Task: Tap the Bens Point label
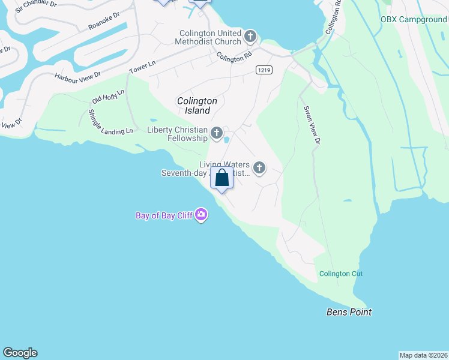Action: click(349, 312)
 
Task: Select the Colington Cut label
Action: click(341, 274)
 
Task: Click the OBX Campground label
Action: click(414, 19)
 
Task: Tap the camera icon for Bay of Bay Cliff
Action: click(201, 215)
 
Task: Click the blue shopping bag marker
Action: click(222, 178)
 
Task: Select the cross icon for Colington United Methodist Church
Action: click(250, 37)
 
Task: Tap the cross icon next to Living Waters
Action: click(259, 169)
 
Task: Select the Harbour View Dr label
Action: click(77, 76)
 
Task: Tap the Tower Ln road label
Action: click(143, 67)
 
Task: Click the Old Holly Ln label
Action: click(108, 96)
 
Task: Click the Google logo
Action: click(20, 353)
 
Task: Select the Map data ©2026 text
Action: click(423, 355)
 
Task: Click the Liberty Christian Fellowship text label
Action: click(177, 134)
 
